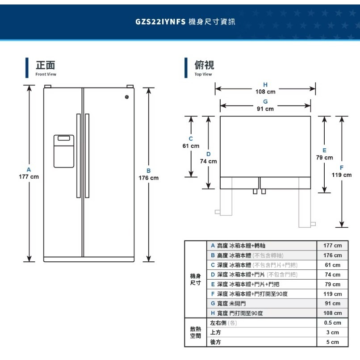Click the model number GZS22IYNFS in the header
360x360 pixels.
159,21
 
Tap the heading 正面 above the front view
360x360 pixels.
46,65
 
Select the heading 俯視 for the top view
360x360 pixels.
204,65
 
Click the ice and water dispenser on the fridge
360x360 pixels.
64,151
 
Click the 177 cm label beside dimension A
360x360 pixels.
29,177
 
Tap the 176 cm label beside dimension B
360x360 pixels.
149,178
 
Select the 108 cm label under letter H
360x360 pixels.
265,92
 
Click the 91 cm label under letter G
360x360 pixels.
265,109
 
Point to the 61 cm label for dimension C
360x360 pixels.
191,146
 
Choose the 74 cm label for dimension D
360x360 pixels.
208,161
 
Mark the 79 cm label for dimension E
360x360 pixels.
325,158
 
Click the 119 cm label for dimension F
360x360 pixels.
342,175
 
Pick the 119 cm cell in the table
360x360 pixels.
332,294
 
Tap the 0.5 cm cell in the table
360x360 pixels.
332,322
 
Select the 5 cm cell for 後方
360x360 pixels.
332,342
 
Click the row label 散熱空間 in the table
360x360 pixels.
195,332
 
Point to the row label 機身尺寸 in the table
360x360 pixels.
195,280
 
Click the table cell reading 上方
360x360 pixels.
216,332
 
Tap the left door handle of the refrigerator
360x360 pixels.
78,155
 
